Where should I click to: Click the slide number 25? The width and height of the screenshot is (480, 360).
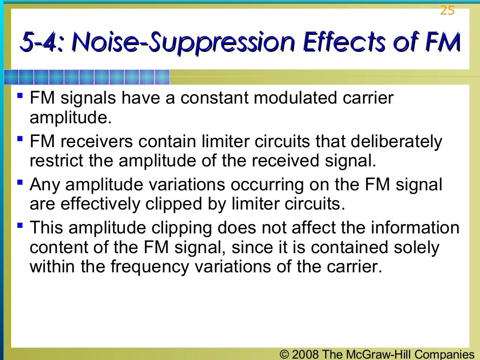click(x=447, y=10)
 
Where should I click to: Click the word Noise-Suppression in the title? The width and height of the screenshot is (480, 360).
click(x=185, y=43)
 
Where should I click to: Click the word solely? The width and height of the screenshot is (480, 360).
click(x=416, y=247)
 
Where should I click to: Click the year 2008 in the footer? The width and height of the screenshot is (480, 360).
click(x=305, y=354)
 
